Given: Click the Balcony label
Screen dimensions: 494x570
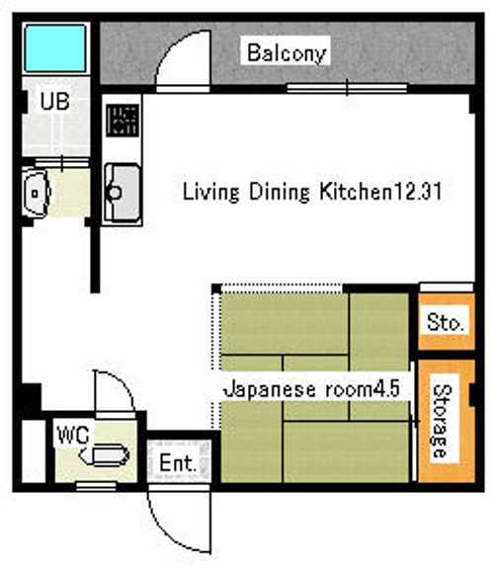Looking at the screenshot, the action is point(287,53).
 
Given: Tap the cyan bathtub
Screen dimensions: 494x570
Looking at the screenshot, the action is point(55,48).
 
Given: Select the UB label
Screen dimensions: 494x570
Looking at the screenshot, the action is point(55,101).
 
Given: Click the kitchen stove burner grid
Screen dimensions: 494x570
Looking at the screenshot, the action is point(123,121).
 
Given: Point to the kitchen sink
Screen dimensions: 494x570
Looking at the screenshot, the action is point(123,193).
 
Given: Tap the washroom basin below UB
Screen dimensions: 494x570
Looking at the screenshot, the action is point(36,193).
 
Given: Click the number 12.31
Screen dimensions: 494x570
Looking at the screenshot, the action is point(418,191).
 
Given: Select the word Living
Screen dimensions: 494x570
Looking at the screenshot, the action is point(210,192).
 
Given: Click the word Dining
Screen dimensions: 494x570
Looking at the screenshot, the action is point(280,192).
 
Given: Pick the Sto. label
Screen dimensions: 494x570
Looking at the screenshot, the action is point(446,322).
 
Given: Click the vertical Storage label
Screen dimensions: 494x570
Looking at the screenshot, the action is point(443,421).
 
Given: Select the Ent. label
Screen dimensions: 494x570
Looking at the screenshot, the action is point(178,463).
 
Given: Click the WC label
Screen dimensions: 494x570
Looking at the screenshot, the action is point(73,435).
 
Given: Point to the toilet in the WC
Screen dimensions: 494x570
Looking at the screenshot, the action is point(105,455).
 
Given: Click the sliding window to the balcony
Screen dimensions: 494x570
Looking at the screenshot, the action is point(347,88).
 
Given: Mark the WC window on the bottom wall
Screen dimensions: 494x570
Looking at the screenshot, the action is point(96,486).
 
